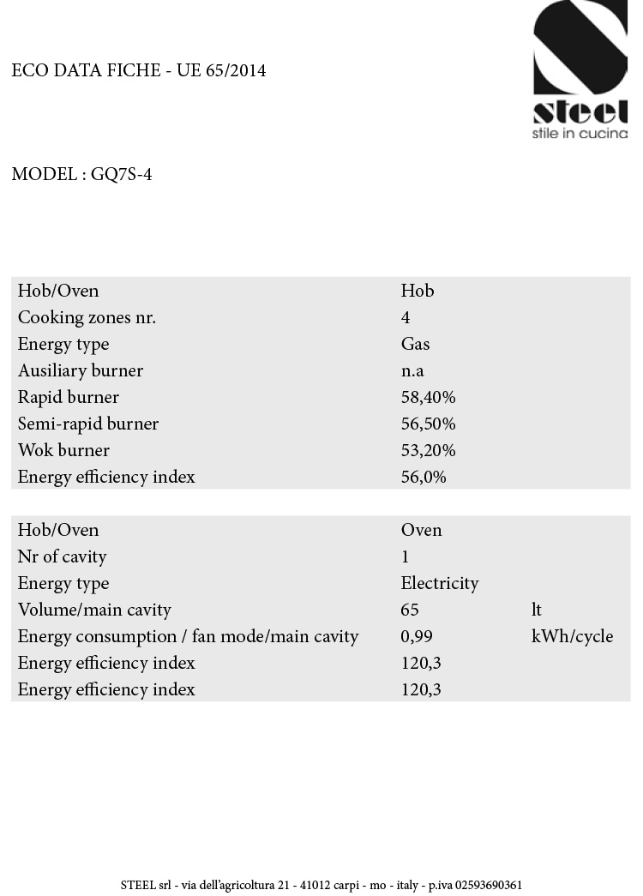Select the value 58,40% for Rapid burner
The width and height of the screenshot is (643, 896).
(x=428, y=397)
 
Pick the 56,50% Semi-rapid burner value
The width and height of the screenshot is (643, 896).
(x=428, y=424)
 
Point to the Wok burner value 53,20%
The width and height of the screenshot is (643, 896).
(x=428, y=450)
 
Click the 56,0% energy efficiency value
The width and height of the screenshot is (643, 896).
(x=424, y=477)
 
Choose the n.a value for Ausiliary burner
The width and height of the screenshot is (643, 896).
(x=412, y=370)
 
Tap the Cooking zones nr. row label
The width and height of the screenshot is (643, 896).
(x=87, y=317)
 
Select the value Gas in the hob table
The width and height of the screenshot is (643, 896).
(x=415, y=344)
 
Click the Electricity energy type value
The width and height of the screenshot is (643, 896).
(x=439, y=583)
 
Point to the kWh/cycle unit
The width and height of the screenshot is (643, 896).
(x=572, y=636)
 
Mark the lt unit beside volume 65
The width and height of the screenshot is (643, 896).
(x=537, y=610)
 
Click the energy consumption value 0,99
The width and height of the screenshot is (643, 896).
(x=416, y=636)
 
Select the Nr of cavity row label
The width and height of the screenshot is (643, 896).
(x=62, y=556)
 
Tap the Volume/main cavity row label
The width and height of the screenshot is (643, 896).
(x=94, y=610)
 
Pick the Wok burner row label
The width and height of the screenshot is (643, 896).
(x=63, y=450)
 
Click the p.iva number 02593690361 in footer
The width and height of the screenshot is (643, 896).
(x=488, y=885)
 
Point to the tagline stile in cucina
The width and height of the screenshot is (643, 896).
(x=580, y=134)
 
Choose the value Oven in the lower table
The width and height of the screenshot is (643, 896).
(x=421, y=530)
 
